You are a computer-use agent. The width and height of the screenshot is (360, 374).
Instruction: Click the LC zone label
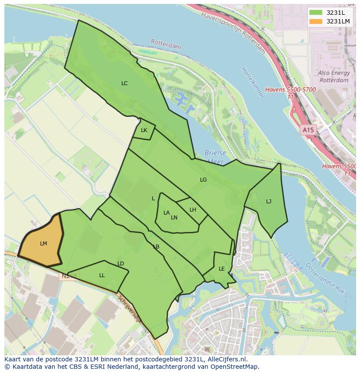(x=124, y=83)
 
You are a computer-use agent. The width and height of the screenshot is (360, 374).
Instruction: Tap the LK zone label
(x=144, y=130)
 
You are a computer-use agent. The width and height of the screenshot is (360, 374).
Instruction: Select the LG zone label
(x=203, y=180)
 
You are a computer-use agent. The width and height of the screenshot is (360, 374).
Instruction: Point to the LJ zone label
(x=269, y=202)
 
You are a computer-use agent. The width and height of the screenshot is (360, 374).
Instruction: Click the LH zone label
(x=193, y=210)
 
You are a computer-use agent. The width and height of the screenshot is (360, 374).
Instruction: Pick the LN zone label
(x=174, y=218)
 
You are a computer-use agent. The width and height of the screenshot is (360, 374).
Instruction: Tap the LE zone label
(x=222, y=269)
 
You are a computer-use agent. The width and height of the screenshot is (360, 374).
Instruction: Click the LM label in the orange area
(x=43, y=244)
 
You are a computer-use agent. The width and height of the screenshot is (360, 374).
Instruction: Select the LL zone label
(x=102, y=275)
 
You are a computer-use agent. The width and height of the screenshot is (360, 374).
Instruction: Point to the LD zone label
(x=121, y=264)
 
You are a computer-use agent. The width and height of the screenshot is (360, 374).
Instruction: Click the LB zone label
(x=156, y=247)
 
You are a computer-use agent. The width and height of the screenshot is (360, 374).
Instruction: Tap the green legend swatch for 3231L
(x=316, y=13)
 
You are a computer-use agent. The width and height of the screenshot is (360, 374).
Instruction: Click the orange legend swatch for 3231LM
(x=316, y=21)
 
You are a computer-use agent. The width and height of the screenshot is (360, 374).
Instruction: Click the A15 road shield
(x=308, y=130)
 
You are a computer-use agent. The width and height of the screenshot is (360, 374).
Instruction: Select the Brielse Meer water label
(x=216, y=157)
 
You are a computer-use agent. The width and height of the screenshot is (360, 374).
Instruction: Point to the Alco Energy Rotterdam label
(x=333, y=77)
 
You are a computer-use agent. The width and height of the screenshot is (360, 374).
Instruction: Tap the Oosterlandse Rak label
(x=325, y=278)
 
